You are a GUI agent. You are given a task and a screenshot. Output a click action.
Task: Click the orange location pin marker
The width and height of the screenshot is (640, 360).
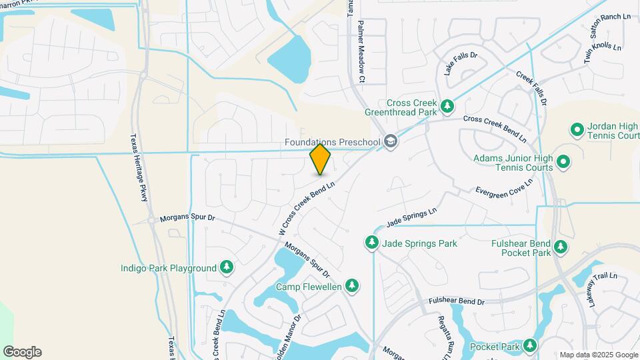320,159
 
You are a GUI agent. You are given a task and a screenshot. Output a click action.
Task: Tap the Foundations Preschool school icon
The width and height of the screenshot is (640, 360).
390,141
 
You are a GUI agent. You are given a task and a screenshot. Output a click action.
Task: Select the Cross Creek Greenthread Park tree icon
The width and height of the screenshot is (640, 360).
447,105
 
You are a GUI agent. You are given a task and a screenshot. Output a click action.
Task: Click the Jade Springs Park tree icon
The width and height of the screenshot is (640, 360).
371,243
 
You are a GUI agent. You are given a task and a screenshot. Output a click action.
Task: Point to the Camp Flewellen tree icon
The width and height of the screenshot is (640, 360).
352,287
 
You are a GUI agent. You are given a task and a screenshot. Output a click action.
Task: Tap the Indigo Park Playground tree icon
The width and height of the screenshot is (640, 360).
227,268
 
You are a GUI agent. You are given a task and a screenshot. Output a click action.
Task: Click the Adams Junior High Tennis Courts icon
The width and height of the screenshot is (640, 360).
563,161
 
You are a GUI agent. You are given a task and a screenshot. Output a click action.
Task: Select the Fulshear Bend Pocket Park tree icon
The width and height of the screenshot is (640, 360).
561,247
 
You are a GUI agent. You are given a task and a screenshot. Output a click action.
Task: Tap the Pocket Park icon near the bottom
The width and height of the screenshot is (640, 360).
530,346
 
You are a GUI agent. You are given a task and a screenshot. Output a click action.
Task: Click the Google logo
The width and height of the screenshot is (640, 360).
22,352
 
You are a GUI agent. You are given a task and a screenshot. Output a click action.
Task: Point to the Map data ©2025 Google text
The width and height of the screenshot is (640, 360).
599,355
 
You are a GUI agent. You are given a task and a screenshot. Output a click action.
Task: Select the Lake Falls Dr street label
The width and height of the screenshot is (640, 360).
461,63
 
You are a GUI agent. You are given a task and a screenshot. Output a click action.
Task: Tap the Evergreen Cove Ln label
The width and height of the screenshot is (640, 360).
505,187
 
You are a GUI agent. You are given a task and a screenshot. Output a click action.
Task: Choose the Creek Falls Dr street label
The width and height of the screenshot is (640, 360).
531,89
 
